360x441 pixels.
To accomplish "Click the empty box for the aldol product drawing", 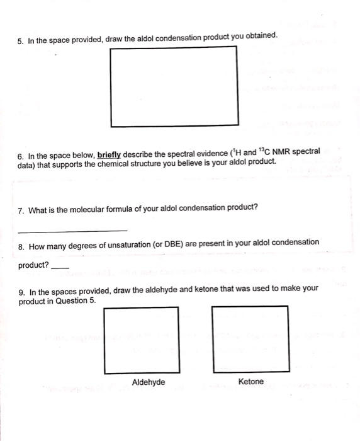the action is [174, 86].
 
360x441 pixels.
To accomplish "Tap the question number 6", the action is [21, 154].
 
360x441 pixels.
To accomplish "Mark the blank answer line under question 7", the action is [72, 230].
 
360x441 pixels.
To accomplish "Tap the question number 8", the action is [21, 244].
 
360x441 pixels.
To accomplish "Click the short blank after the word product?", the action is [59, 267].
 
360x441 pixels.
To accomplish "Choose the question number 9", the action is [21, 292].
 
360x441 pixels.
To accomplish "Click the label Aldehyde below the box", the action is [149, 382].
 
